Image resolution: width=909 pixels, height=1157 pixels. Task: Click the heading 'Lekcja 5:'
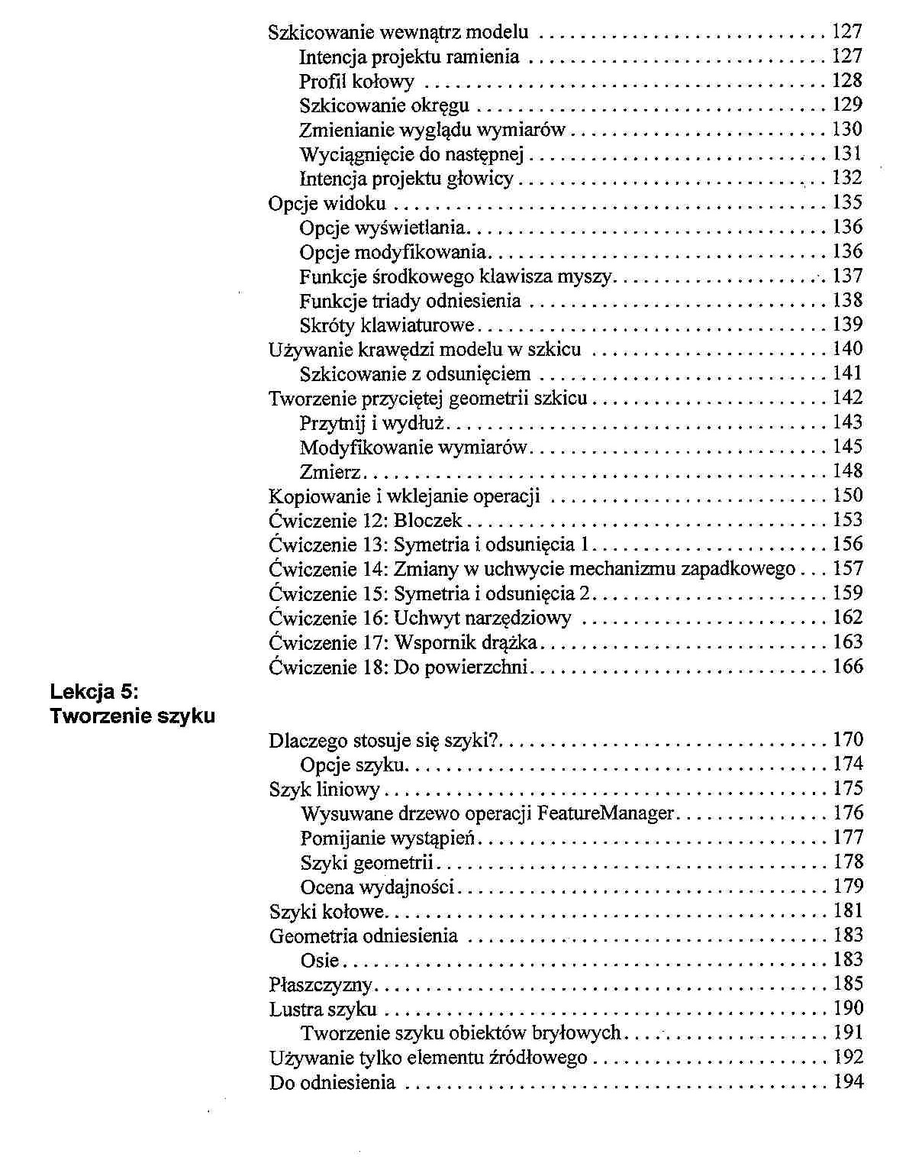tap(94, 692)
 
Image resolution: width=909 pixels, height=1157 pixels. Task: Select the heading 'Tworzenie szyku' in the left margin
tap(132, 716)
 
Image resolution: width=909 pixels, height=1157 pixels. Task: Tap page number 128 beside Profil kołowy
tap(847, 80)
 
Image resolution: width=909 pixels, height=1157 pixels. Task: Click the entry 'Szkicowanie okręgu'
tap(384, 105)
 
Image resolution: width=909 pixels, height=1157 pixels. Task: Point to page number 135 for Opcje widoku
tap(847, 202)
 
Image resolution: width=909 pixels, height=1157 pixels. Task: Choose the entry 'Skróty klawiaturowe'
tap(387, 325)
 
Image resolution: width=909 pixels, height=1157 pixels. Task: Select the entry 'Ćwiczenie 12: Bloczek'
tap(366, 521)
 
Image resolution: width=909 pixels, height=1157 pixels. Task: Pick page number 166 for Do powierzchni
tap(847, 667)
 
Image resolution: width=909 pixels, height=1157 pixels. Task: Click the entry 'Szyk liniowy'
tap(324, 790)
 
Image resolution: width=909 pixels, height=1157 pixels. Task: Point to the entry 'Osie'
tap(319, 961)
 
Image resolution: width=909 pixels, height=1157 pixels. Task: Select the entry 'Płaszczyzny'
tap(321, 985)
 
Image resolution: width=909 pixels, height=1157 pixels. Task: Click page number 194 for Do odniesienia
tap(847, 1082)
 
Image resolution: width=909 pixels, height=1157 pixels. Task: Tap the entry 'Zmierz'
tap(330, 472)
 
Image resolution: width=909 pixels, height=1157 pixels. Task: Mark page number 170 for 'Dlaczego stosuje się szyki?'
tap(847, 740)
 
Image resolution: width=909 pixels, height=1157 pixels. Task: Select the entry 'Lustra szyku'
tap(323, 1010)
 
